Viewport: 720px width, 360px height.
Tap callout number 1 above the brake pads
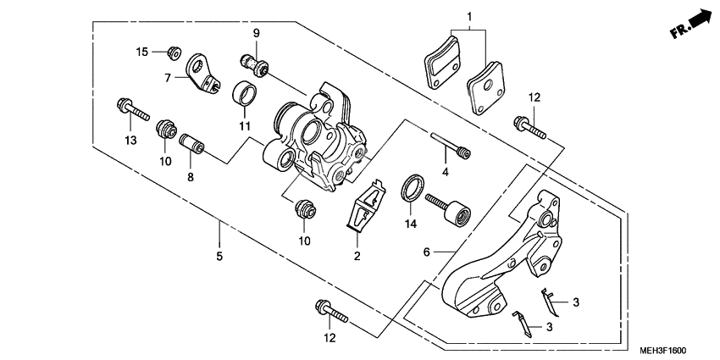pos(468,16)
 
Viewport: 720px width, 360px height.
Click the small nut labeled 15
pos(174,53)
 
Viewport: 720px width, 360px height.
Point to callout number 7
pos(168,77)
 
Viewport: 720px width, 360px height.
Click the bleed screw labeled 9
pos(252,62)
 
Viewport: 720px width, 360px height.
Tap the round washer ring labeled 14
pos(410,187)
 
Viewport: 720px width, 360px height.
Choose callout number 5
pos(219,255)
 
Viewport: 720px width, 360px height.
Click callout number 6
pos(427,252)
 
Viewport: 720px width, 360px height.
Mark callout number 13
pos(130,139)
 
